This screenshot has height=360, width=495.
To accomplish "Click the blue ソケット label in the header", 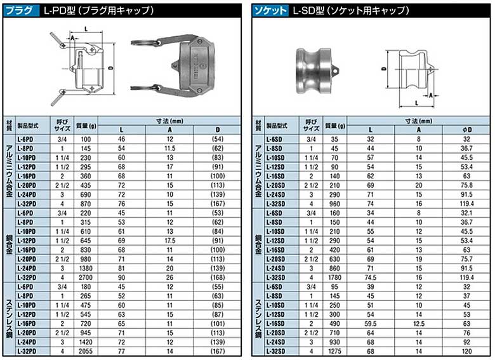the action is pyautogui.click(x=270, y=11).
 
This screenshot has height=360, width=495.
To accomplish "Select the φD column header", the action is pyautogui.click(x=466, y=130).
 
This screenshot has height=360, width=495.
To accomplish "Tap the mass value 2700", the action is pyautogui.click(x=86, y=277).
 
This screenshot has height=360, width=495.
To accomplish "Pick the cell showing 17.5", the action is pyautogui.click(x=169, y=241).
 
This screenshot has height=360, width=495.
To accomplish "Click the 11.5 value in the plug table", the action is pyautogui.click(x=169, y=149).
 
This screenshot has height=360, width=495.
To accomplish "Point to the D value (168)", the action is pyautogui.click(x=218, y=277).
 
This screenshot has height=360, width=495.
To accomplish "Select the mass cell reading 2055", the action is pyautogui.click(x=86, y=352).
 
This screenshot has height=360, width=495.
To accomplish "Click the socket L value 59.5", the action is pyautogui.click(x=371, y=324).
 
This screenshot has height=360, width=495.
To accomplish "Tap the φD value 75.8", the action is pyautogui.click(x=466, y=185).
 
